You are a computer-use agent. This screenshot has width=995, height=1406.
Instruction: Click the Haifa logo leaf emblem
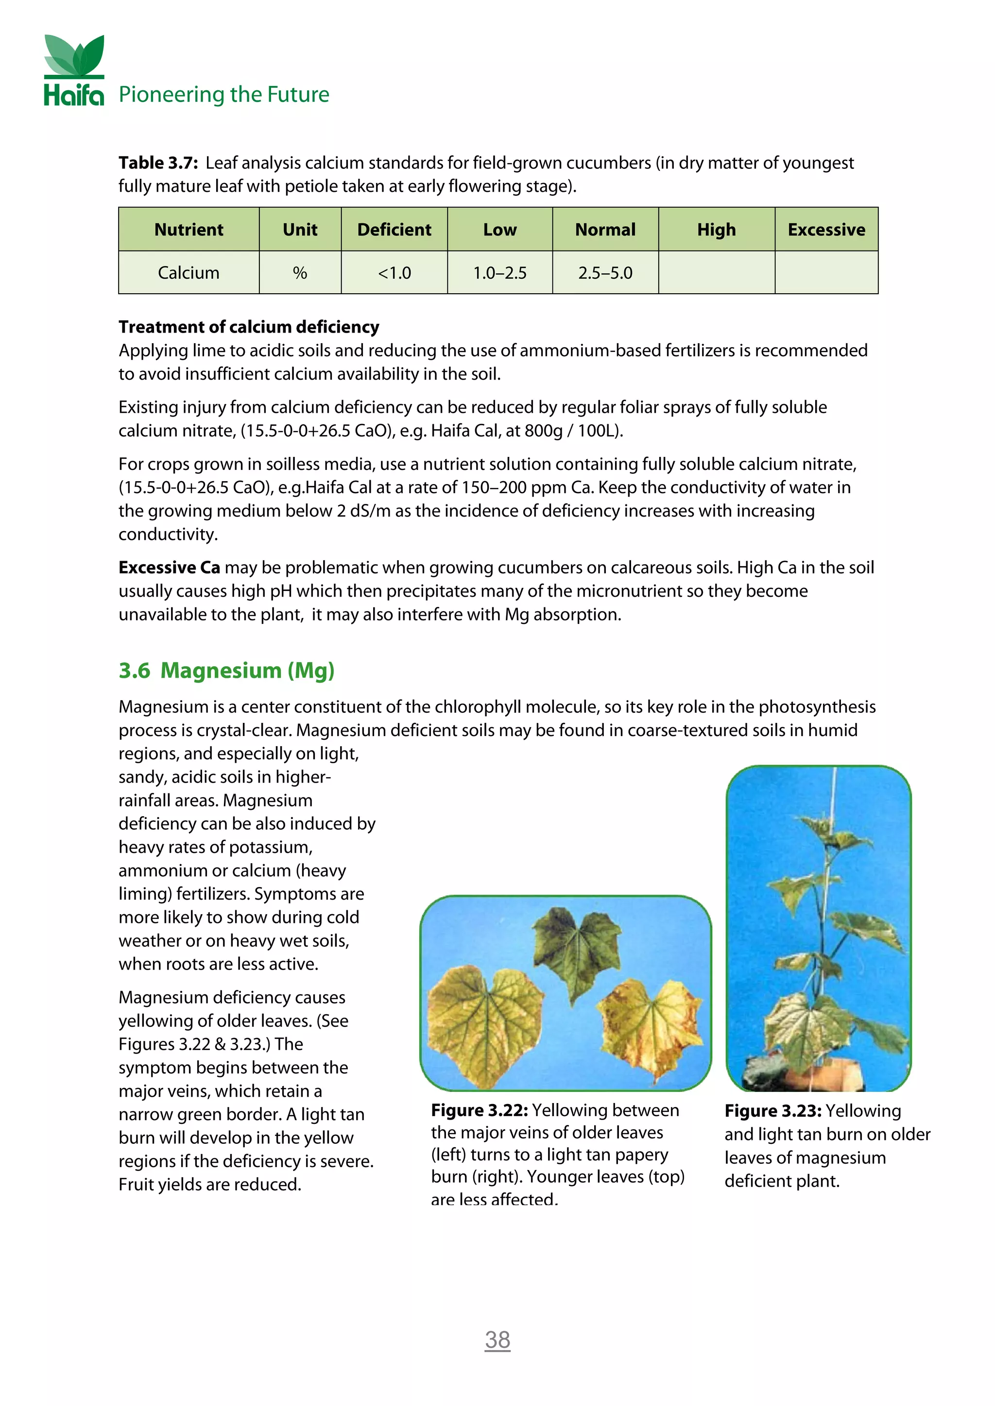[x=74, y=55]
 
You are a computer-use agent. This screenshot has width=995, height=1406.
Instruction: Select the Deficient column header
[x=394, y=230]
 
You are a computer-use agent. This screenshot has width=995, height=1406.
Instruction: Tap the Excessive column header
[x=826, y=230]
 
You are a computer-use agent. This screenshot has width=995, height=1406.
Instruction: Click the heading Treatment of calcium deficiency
[x=249, y=327]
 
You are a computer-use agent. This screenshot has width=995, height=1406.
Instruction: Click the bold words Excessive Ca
[x=169, y=568]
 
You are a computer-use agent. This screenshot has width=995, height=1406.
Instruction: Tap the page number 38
[x=497, y=1340]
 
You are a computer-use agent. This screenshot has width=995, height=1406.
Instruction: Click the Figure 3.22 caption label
[x=479, y=1110]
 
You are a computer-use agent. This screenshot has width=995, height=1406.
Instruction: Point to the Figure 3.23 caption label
[x=772, y=1111]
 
